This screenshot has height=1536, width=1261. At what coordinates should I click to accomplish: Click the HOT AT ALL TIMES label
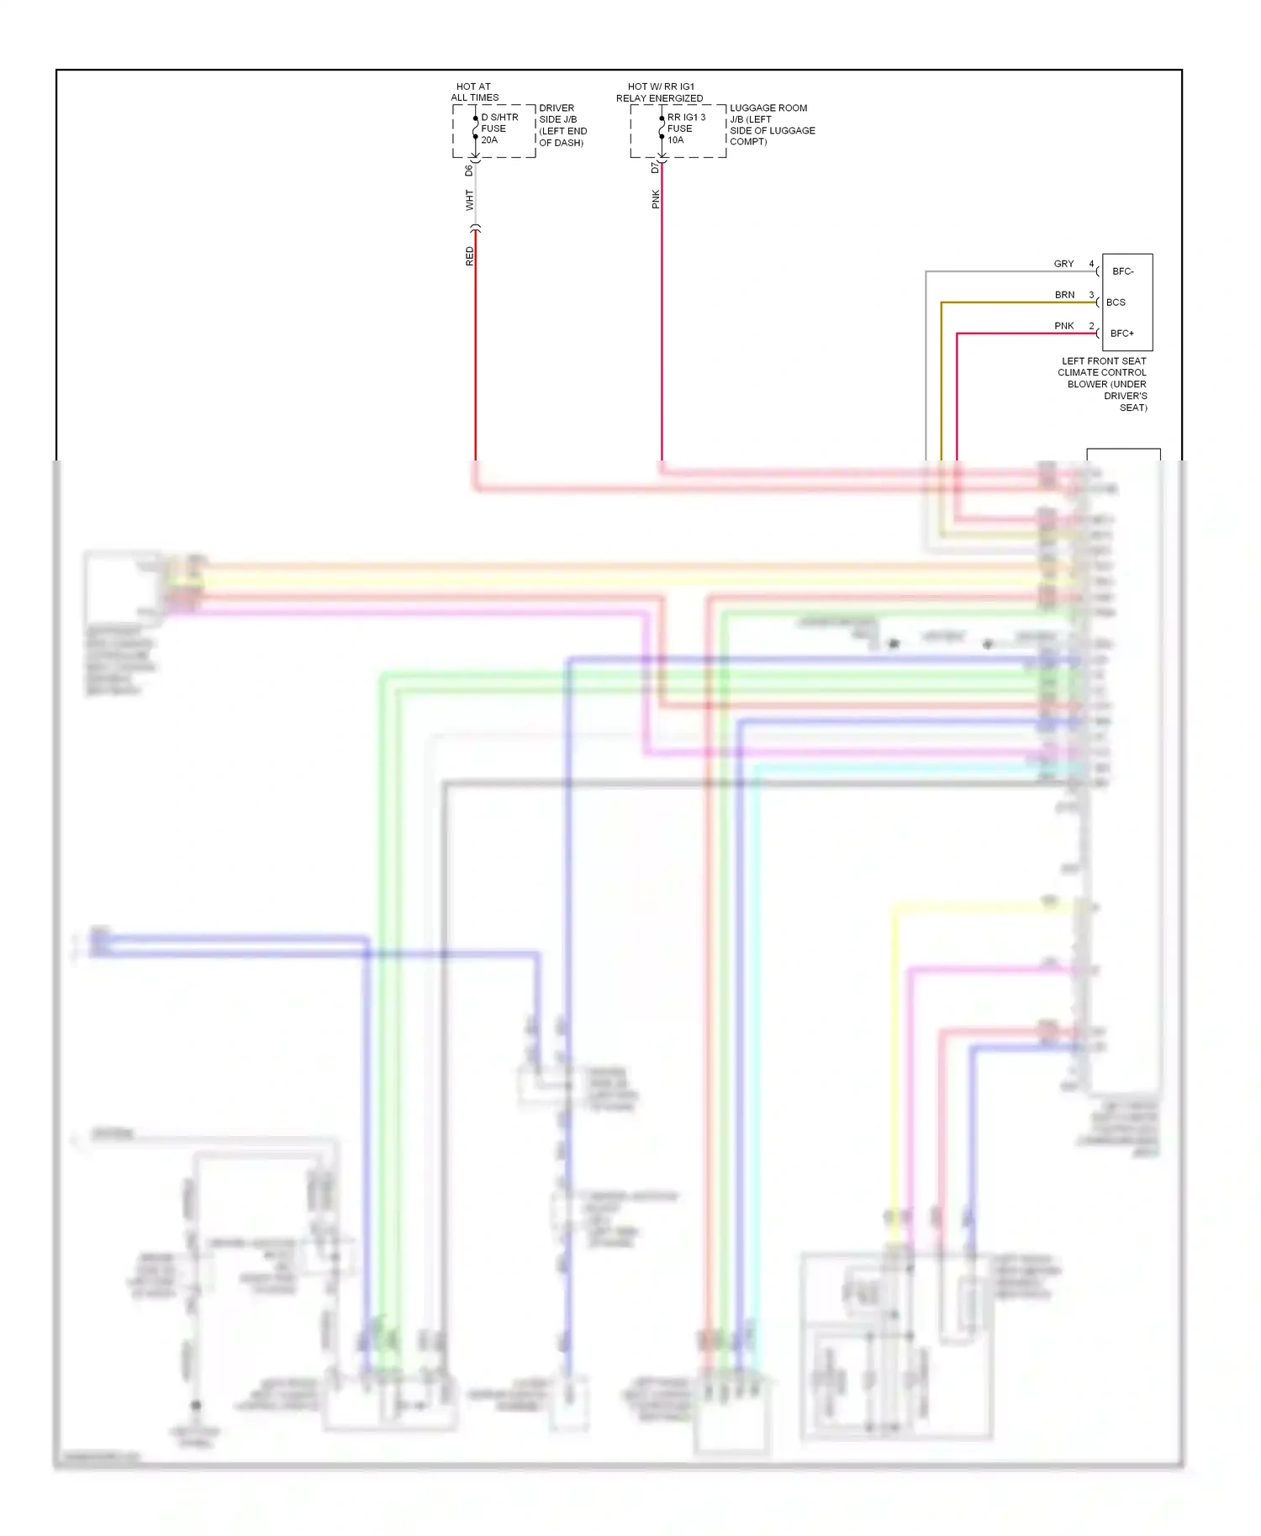click(x=474, y=92)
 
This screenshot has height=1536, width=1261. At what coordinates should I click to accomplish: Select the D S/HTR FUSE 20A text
click(x=499, y=129)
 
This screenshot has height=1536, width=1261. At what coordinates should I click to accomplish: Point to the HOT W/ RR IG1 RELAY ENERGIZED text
click(x=660, y=92)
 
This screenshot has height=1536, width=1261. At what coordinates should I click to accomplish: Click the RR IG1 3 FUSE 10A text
click(x=686, y=129)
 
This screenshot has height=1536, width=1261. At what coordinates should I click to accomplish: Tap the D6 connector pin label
click(x=469, y=171)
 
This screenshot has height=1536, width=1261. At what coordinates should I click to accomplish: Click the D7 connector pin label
click(x=655, y=168)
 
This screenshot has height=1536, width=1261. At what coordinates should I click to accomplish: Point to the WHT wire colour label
click(x=469, y=200)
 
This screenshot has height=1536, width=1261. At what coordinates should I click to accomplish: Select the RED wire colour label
click(x=469, y=256)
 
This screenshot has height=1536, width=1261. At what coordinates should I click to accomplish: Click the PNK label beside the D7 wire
click(x=655, y=199)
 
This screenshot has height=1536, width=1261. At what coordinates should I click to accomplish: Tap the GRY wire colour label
click(x=1063, y=264)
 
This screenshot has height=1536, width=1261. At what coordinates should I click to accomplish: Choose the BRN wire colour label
click(x=1064, y=295)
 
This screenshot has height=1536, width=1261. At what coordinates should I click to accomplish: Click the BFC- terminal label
click(x=1122, y=271)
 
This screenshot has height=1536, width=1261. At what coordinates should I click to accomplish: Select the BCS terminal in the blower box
click(x=1116, y=302)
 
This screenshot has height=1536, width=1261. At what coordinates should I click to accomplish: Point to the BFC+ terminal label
click(x=1121, y=334)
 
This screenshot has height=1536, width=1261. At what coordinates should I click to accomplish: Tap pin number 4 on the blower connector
click(x=1091, y=264)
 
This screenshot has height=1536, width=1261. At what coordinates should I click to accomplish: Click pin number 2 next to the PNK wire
click(x=1091, y=326)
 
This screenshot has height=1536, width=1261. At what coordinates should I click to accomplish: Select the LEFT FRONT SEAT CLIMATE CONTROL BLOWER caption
click(x=1103, y=384)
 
